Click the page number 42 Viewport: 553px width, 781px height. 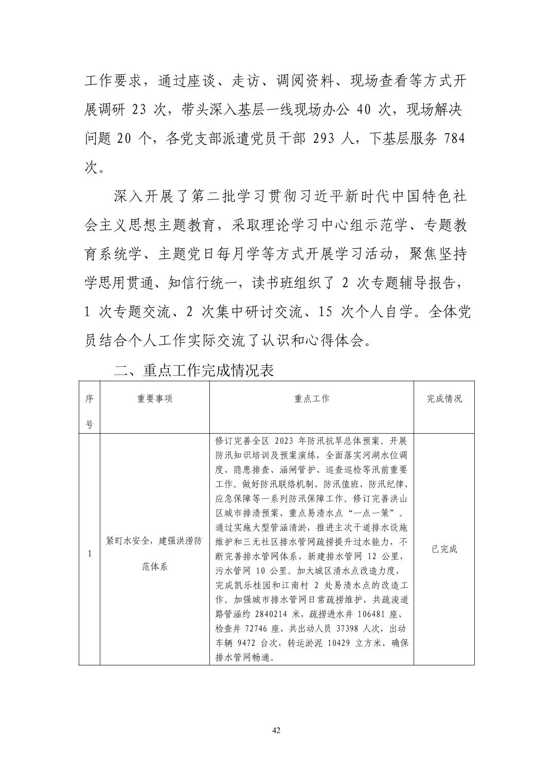click(276, 731)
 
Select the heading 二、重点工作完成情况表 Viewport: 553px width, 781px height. click(194, 370)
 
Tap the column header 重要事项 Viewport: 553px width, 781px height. click(155, 399)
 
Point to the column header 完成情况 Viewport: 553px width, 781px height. click(444, 399)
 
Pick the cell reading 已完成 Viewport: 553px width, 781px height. click(444, 549)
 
